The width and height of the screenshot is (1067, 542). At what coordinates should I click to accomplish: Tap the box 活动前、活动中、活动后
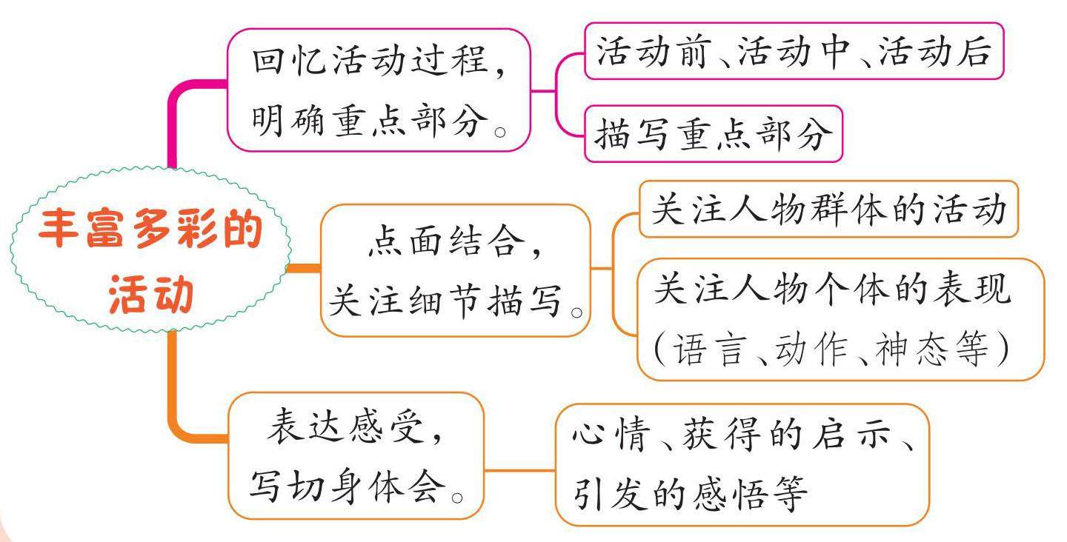[794, 51]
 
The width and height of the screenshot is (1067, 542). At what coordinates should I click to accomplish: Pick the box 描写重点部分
[713, 134]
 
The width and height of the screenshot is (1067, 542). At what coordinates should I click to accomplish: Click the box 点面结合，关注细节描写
[456, 270]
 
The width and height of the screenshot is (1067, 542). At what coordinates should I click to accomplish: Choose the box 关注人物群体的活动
[828, 210]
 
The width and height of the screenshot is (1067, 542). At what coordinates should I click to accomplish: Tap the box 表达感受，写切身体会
[355, 455]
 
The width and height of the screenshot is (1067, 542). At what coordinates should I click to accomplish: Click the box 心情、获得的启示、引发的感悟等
[742, 464]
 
